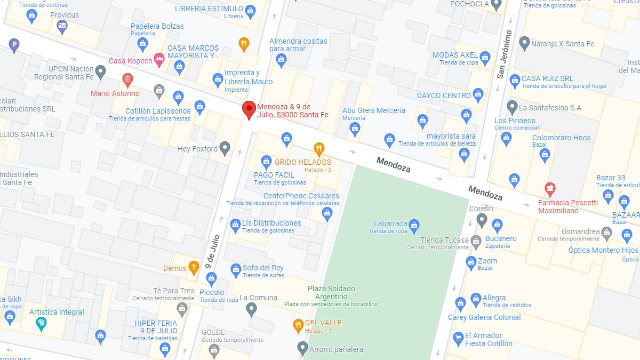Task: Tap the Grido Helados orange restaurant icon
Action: pos(319,148)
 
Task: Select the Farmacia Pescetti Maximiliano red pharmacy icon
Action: pos(550,188)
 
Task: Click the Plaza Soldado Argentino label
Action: pos(331,292)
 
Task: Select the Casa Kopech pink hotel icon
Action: pos(158,58)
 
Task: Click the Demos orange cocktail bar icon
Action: pos(194,267)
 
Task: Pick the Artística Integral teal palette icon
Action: pos(41,323)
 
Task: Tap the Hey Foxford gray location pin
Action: pos(225,148)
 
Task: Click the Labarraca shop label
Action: pos(390,224)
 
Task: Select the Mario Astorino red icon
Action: pos(127,81)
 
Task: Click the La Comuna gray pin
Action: pos(252,309)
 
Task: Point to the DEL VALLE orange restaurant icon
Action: pos(299,324)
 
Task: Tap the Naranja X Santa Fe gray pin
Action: pos(524,43)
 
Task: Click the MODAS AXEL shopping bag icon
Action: pos(485,57)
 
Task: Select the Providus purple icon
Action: pos(62,26)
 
